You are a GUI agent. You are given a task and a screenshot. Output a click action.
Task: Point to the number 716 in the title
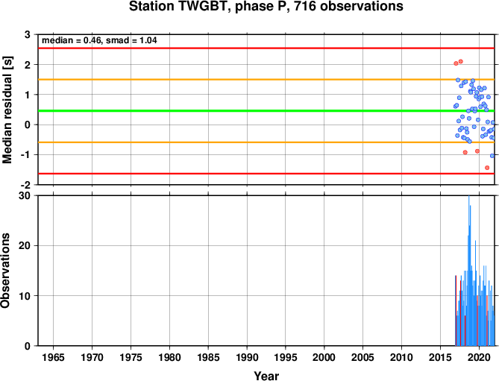[x=305, y=7]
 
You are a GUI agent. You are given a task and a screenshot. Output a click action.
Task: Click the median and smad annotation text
[x=99, y=40]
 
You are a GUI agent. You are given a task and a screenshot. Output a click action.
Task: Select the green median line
[x=266, y=110]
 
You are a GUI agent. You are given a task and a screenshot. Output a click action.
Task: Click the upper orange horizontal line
[x=266, y=80]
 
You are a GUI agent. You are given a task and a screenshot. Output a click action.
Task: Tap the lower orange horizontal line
[x=266, y=142]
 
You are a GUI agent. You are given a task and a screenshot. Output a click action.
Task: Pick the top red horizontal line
[x=266, y=48]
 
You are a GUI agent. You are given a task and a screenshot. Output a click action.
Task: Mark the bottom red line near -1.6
[x=266, y=174]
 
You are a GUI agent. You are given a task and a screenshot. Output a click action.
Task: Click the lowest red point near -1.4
[x=487, y=168]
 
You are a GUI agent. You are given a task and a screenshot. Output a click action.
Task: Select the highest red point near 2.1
[x=460, y=61]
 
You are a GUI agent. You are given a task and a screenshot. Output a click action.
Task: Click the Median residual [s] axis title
[x=7, y=110]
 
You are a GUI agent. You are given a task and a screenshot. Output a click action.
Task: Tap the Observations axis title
[x=5, y=271]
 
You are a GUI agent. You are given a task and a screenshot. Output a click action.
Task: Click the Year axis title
[x=266, y=376]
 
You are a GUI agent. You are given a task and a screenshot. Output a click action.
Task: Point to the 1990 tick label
[x=247, y=357]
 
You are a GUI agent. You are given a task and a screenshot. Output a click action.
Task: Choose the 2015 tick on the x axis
[x=440, y=357]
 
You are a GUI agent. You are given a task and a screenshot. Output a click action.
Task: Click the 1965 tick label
[x=53, y=357]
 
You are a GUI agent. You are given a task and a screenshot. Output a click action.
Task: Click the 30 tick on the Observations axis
[x=25, y=196]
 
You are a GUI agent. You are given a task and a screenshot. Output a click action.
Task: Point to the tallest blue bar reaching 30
[x=468, y=271]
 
